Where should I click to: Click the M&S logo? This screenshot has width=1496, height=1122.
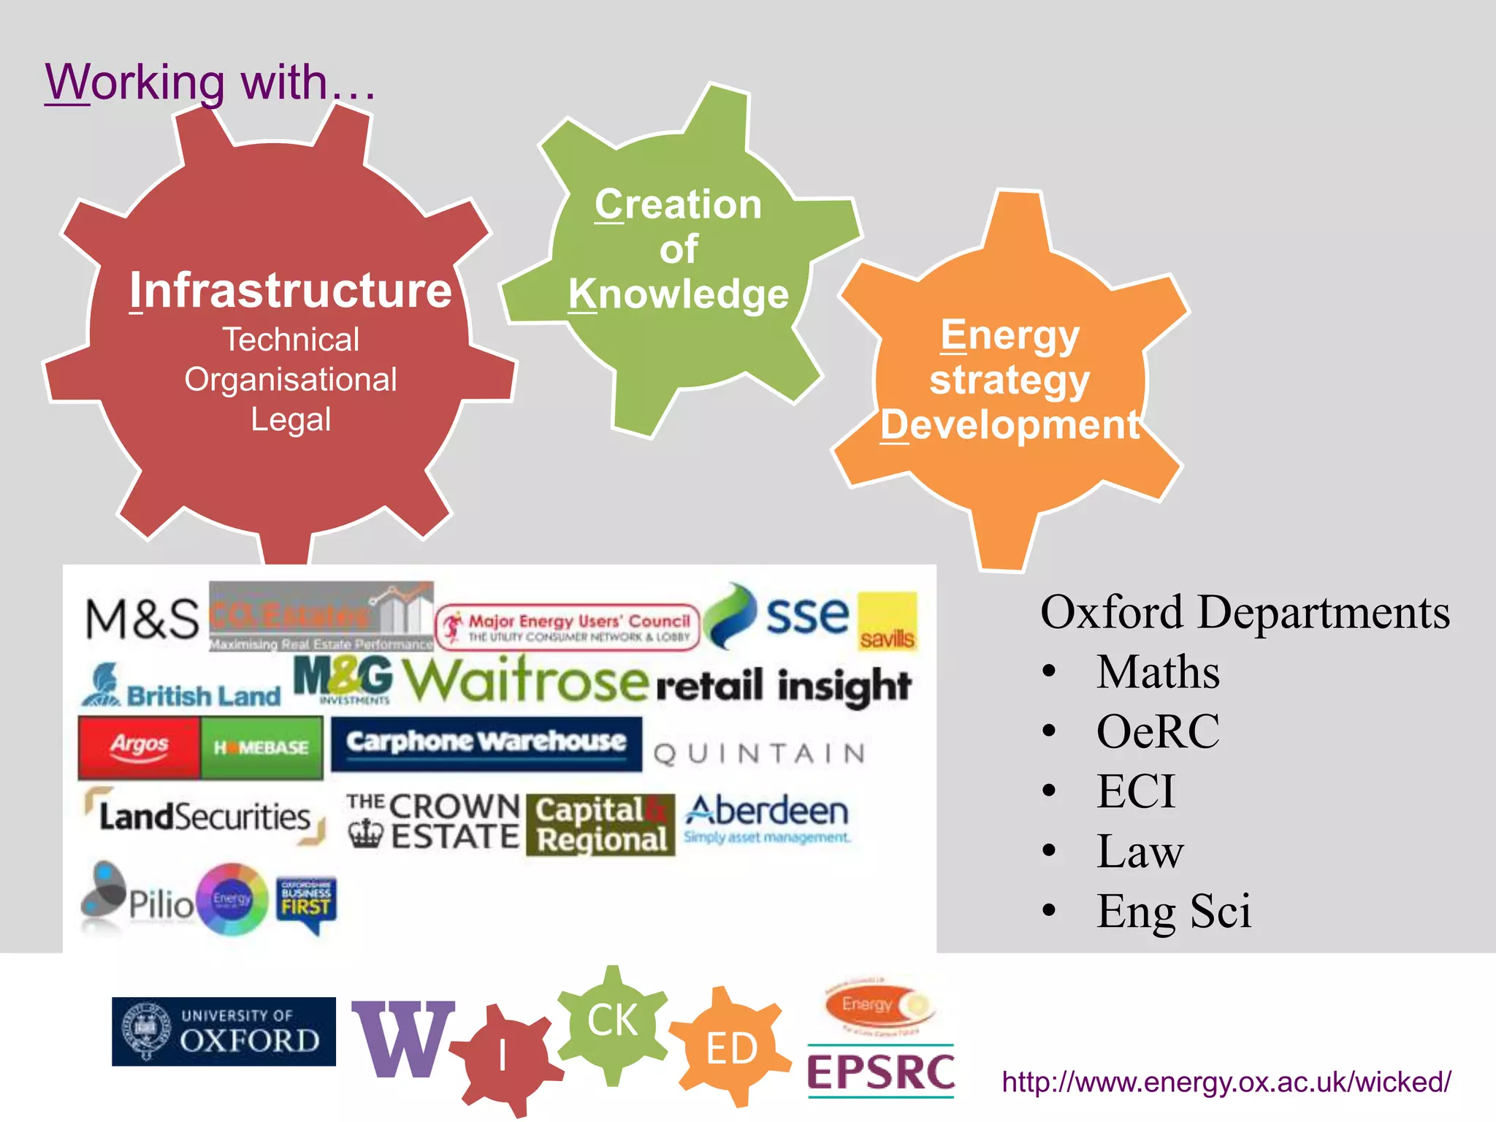[142, 619]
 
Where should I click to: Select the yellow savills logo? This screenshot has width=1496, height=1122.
[887, 622]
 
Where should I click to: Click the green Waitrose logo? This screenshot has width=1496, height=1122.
[525, 680]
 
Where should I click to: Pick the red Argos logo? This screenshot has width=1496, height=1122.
[139, 747]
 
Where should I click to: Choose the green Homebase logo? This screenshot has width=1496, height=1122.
[262, 747]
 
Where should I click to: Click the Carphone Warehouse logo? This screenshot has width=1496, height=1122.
[486, 743]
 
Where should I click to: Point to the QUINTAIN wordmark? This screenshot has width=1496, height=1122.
[759, 754]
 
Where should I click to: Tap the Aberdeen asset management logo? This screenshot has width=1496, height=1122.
[767, 818]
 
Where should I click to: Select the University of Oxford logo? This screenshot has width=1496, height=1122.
[224, 1031]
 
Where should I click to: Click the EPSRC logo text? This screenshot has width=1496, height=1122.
[881, 1072]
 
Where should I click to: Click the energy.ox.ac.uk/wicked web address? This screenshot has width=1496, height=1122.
[1226, 1082]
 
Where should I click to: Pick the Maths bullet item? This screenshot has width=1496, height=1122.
[1158, 672]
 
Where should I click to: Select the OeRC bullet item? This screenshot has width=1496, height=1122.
[1158, 731]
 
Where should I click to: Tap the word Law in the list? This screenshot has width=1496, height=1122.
[1140, 851]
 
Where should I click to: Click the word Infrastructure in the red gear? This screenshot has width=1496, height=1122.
[291, 291]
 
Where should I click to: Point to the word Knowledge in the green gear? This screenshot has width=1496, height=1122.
[679, 294]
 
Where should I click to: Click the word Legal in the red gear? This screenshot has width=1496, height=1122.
[291, 420]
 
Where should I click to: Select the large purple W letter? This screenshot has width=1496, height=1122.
[402, 1039]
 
